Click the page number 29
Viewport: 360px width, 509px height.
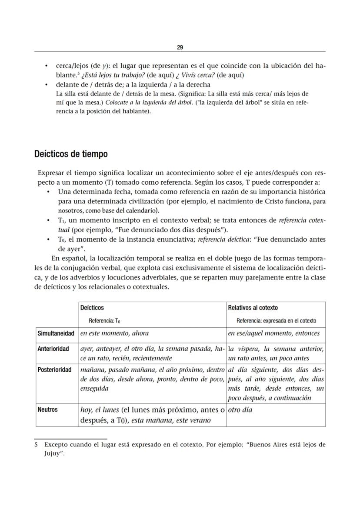coord(180,47)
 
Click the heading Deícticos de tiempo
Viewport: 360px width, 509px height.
coord(71,154)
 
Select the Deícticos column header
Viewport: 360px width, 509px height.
coord(92,308)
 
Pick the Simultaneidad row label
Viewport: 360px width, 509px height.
coord(56,333)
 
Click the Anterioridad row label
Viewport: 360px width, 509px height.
coord(54,349)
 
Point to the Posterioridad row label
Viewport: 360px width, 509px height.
coord(55,369)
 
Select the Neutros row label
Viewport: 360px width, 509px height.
coord(47,409)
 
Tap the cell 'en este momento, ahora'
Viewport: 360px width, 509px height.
coord(115,333)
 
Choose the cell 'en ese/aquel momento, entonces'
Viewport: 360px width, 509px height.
coord(273,333)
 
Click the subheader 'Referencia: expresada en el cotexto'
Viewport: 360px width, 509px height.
coord(276,321)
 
